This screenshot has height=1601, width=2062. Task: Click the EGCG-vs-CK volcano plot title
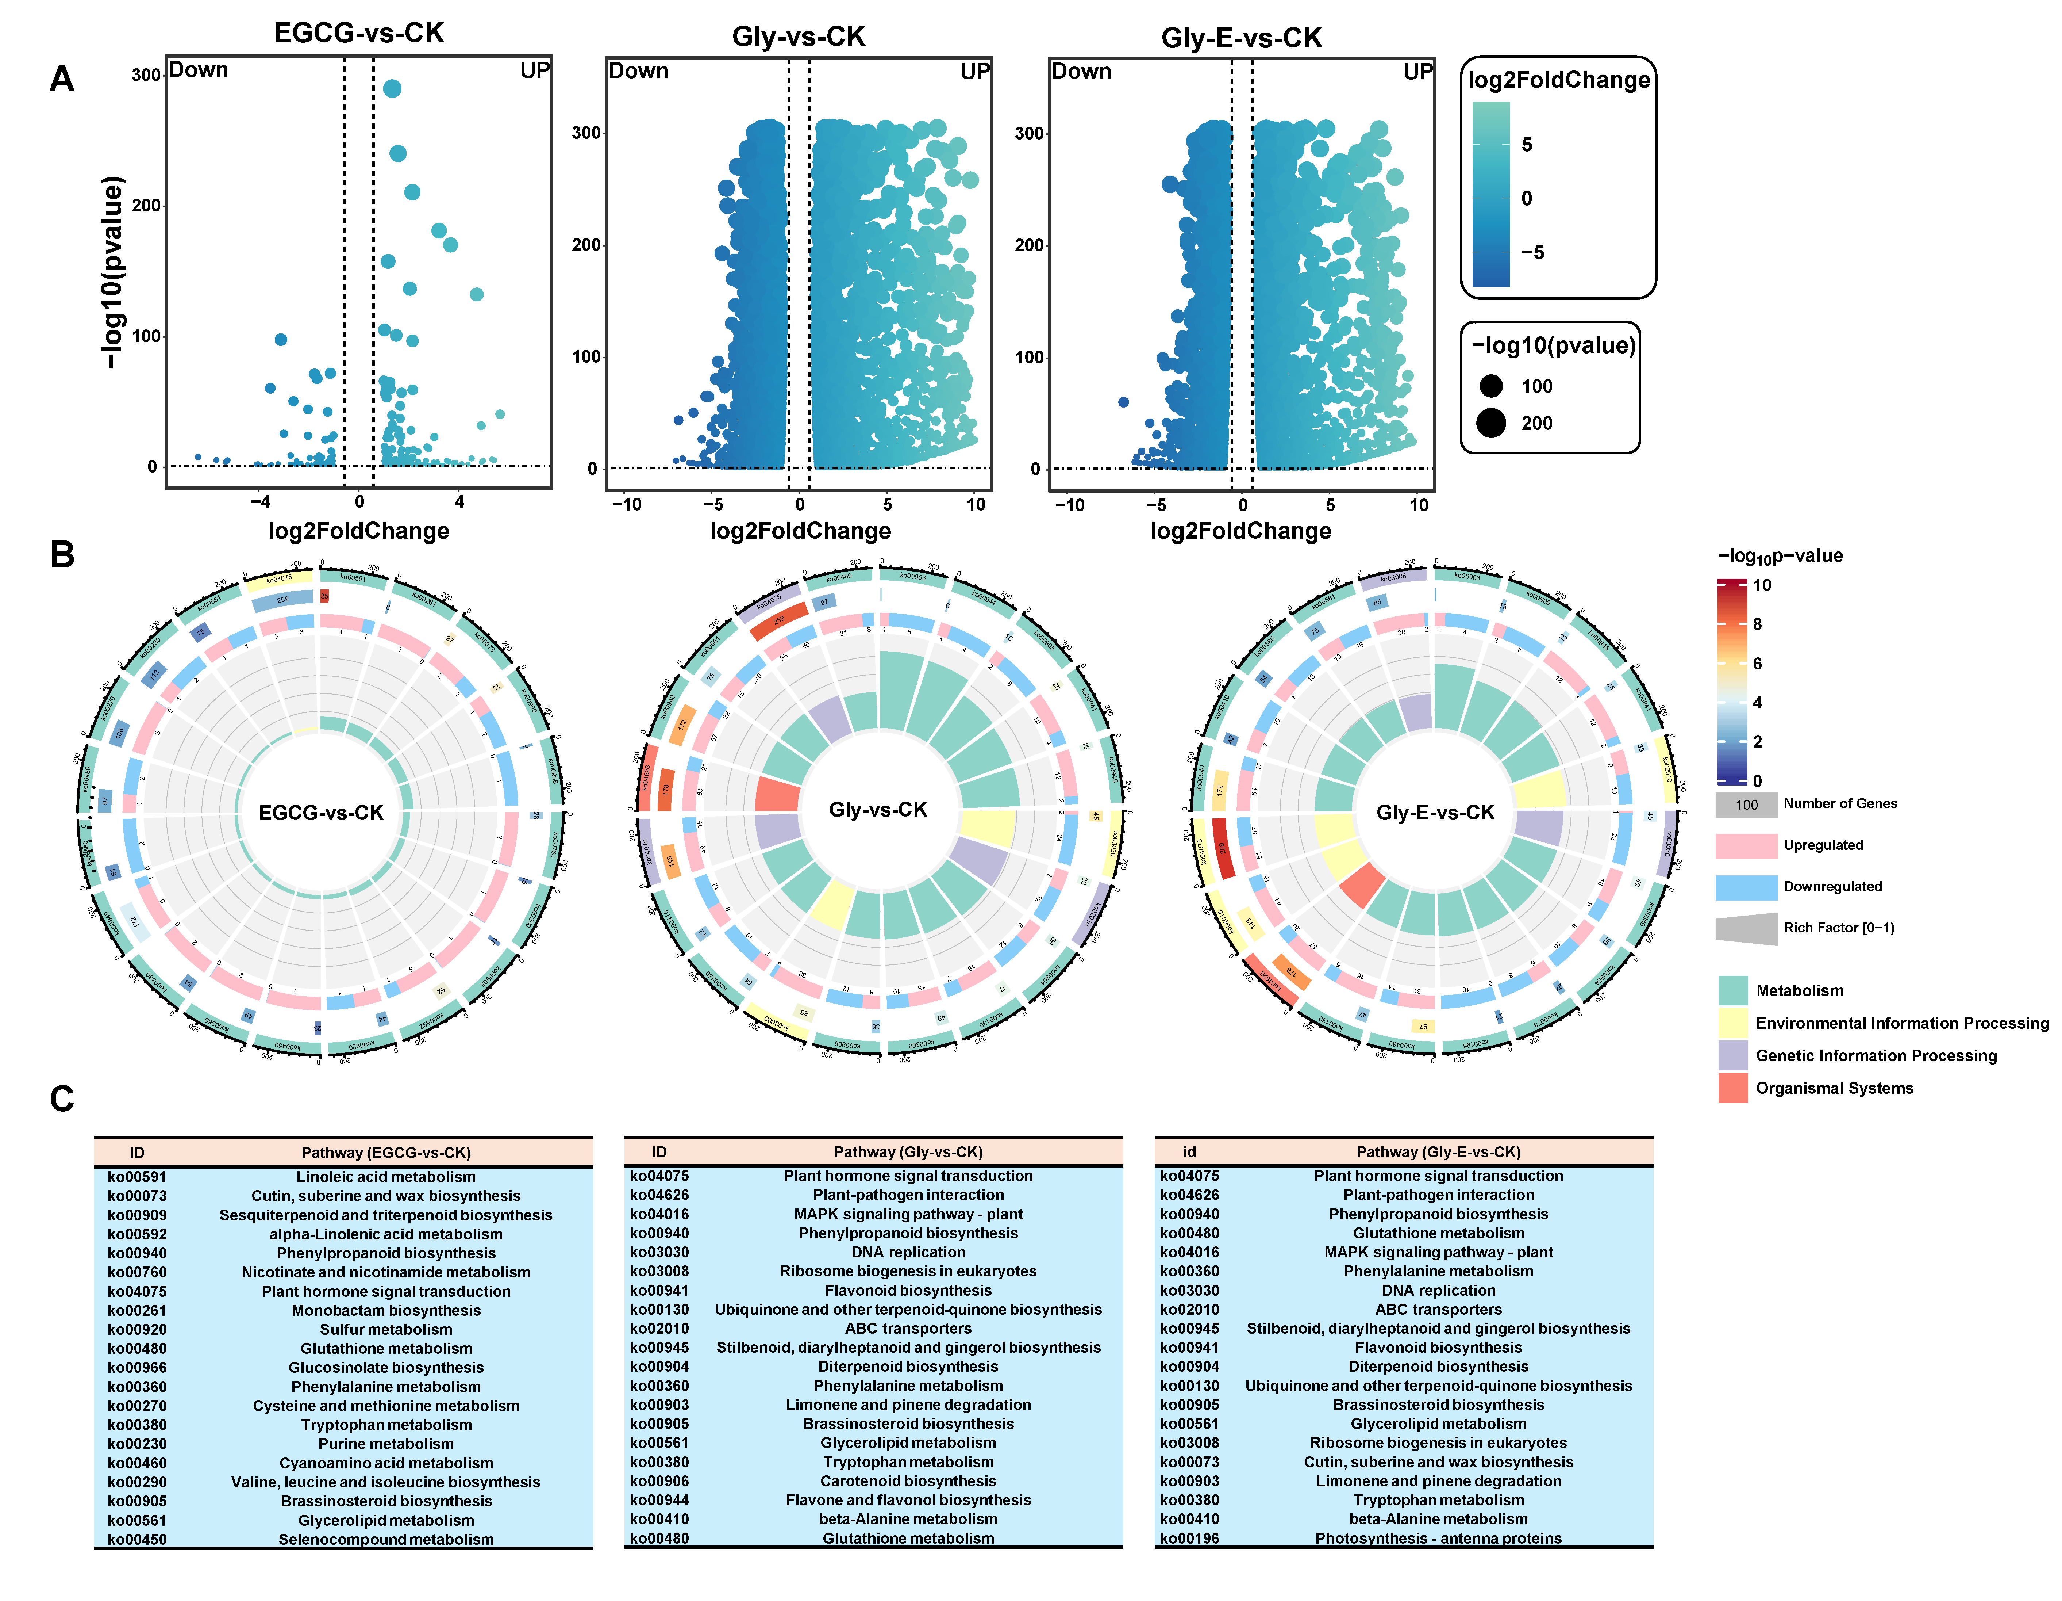[x=359, y=33]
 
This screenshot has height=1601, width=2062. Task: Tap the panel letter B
[x=62, y=554]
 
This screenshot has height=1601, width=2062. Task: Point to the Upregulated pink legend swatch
[x=1746, y=845]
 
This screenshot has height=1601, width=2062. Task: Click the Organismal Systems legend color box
[x=1732, y=1088]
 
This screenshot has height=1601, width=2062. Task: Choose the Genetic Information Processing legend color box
[x=1732, y=1055]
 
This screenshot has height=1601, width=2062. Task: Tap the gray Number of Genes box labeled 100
[x=1746, y=805]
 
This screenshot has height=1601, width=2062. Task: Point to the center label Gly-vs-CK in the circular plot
[x=878, y=810]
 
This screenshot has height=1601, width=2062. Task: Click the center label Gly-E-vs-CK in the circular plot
[x=1435, y=812]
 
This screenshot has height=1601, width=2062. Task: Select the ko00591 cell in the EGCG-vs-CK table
[x=137, y=1177]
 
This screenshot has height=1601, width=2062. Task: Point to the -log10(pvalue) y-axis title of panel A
[x=113, y=272]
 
